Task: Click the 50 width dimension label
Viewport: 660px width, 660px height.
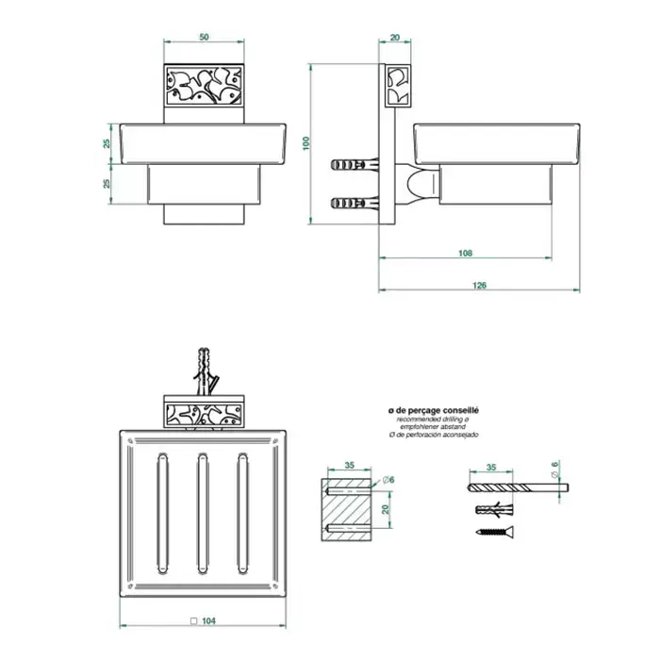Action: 204,37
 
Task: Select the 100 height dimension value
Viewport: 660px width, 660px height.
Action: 306,143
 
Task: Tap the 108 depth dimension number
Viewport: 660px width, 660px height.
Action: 465,253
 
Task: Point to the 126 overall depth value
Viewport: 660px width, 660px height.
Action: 479,285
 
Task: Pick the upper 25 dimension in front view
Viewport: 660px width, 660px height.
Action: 107,143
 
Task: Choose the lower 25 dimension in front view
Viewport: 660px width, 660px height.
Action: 107,184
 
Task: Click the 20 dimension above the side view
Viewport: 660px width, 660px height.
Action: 395,38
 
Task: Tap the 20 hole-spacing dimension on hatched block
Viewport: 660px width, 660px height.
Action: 385,509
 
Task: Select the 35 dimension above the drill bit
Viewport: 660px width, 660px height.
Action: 491,468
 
